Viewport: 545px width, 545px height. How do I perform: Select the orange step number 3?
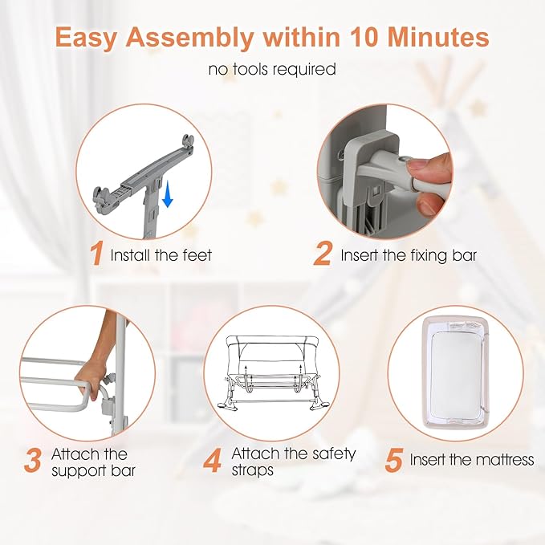33,462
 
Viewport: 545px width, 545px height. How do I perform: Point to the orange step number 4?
213,462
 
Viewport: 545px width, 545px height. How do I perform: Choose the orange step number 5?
394,461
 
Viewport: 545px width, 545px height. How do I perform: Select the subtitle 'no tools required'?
272,70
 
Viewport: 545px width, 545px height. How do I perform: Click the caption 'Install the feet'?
162,256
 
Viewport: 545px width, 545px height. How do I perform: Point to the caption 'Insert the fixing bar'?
409,256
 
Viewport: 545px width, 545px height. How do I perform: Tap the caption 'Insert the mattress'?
471,461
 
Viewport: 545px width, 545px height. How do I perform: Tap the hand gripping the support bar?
93,374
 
